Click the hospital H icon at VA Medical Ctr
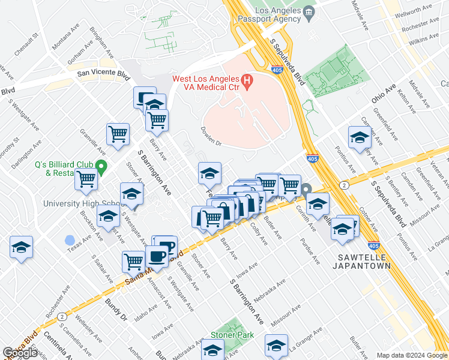[246, 80]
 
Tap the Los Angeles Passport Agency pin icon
[309, 11]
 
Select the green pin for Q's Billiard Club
[101, 166]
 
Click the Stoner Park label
[231, 335]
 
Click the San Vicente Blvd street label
[103, 75]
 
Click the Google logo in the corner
[20, 353]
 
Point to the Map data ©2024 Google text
[412, 355]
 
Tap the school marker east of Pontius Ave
[360, 137]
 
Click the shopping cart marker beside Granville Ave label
[118, 133]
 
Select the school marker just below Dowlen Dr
[209, 173]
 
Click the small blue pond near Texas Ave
[70, 241]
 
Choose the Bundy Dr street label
[116, 308]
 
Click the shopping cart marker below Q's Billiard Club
[87, 178]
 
